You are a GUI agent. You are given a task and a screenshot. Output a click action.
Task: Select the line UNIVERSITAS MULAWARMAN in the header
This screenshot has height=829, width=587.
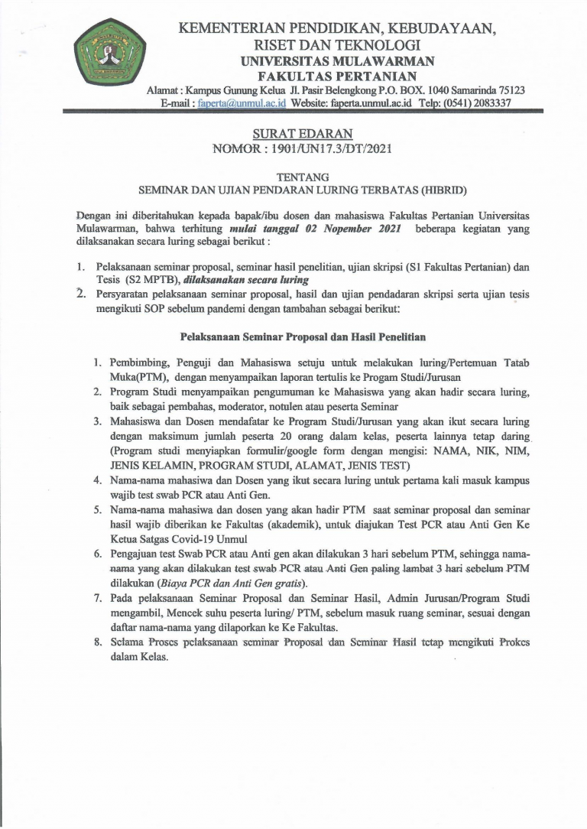point(337,62)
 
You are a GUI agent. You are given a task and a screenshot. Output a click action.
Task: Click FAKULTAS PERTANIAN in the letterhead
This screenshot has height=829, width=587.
point(337,76)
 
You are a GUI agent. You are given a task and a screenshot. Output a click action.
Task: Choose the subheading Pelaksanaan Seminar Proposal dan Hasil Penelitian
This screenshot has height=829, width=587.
point(303,336)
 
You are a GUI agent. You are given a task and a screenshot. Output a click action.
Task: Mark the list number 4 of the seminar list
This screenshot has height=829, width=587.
point(97,480)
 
